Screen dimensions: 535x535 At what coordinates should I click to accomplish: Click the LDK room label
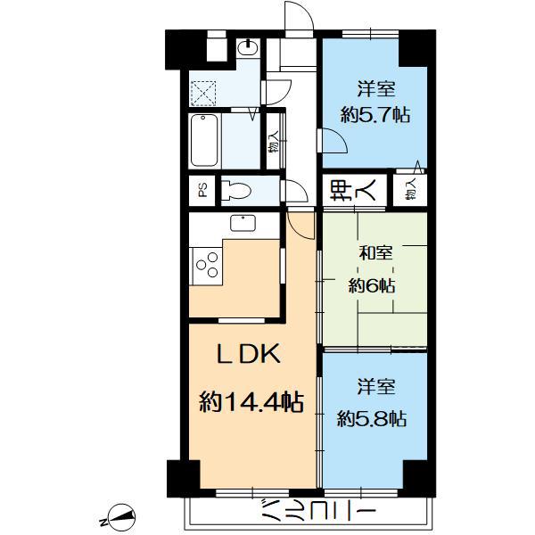point(249,353)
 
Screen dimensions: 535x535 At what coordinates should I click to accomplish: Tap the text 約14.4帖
point(251,403)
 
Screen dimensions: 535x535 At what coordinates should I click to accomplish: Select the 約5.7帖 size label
point(375,114)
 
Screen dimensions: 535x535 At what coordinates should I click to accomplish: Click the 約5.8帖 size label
point(372,418)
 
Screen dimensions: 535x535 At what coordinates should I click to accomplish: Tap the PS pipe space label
point(202,191)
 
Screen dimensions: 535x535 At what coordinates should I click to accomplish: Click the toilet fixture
point(236,191)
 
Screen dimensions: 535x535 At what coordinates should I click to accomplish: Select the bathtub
point(204,140)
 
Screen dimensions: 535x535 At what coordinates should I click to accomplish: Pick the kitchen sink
point(243,223)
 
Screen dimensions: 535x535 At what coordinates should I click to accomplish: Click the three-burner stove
point(208,265)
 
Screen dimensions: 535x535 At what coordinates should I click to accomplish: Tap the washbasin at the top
point(248,47)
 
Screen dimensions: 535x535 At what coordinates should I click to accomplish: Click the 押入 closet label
point(353,190)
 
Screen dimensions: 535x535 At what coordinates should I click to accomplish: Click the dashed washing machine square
point(203,94)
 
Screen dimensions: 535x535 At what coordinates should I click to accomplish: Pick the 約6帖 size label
point(372,286)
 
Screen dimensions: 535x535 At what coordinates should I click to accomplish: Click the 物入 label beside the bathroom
point(274,143)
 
